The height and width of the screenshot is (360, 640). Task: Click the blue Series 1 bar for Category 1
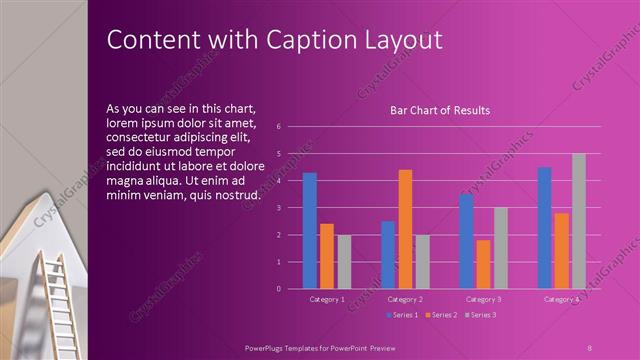click(x=310, y=231)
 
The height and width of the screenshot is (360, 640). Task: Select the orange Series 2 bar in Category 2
click(x=405, y=229)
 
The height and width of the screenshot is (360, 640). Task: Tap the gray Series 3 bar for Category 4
click(x=578, y=221)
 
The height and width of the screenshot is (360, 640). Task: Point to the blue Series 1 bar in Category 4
click(x=544, y=228)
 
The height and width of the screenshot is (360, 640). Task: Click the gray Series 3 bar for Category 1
click(x=344, y=262)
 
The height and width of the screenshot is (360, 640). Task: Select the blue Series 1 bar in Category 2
click(x=388, y=255)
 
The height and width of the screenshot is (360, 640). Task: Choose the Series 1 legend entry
click(x=402, y=315)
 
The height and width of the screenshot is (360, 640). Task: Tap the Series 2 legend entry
click(x=441, y=315)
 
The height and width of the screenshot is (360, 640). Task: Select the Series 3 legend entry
click(x=480, y=315)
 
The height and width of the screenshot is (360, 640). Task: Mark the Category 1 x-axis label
click(x=326, y=299)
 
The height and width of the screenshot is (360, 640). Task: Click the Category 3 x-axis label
click(x=483, y=299)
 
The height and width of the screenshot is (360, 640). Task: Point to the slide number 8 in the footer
click(x=589, y=346)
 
